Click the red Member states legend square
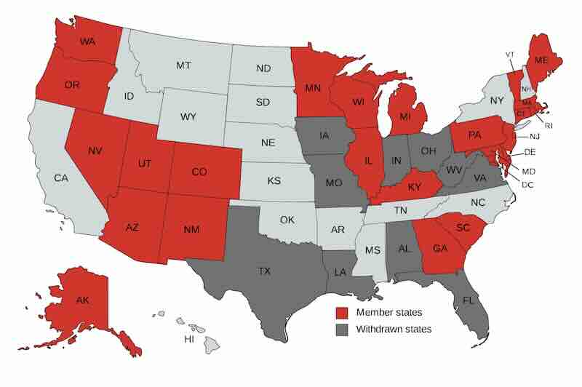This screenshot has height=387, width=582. click(341, 312)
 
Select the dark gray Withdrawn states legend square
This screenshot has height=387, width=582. click(341, 329)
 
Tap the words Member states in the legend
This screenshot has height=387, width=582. click(388, 312)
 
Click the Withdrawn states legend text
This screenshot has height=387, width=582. click(394, 329)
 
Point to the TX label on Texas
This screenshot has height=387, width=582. click(264, 271)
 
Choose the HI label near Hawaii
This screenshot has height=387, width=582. click(188, 340)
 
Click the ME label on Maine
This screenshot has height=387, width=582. click(542, 59)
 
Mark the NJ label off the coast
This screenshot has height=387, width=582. click(533, 137)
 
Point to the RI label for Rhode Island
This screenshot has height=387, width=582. click(548, 125)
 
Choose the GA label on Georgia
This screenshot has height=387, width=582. click(439, 247)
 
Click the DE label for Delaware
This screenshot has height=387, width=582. click(530, 153)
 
